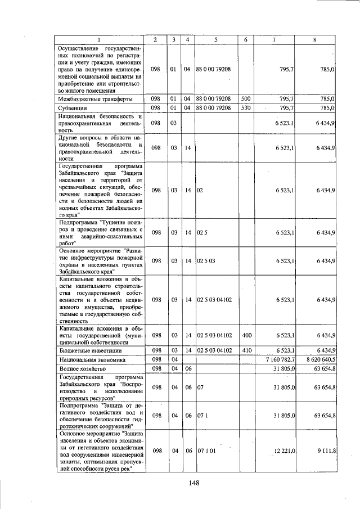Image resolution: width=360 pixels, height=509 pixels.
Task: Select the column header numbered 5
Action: click(215, 39)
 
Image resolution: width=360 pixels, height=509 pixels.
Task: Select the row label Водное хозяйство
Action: click(80, 368)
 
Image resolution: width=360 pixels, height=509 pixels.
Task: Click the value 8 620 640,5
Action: click(318, 359)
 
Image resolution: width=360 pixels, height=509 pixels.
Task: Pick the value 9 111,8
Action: click(326, 451)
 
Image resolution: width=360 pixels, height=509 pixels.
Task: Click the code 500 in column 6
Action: click(245, 98)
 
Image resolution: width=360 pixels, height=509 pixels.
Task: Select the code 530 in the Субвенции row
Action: click(245, 107)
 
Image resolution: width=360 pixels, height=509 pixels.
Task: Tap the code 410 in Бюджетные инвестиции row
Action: click(246, 350)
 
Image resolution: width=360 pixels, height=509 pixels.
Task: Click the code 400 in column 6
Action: click(246, 335)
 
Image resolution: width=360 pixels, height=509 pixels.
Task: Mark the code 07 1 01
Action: click(206, 451)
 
